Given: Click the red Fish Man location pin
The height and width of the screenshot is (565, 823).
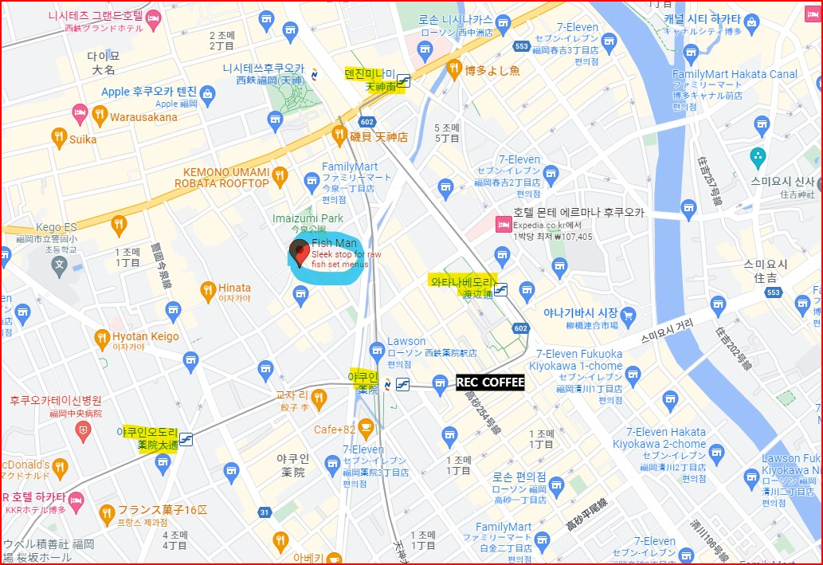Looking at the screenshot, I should (300, 251).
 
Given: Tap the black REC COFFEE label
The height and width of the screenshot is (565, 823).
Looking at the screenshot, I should (490, 383).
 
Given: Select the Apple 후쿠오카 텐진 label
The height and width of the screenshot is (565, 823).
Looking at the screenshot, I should (149, 92).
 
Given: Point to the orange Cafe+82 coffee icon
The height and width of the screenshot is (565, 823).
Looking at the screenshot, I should (366, 430).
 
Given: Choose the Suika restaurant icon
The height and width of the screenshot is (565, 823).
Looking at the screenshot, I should (59, 139).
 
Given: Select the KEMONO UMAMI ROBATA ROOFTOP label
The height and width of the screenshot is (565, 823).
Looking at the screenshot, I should (227, 177).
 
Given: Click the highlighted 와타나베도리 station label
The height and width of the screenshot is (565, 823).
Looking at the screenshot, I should (462, 281).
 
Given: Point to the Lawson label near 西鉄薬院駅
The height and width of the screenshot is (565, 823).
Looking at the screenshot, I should (406, 342).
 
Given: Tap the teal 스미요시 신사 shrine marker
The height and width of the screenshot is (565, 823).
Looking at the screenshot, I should (758, 156).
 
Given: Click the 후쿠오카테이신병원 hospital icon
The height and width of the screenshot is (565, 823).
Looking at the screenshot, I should (84, 431).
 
